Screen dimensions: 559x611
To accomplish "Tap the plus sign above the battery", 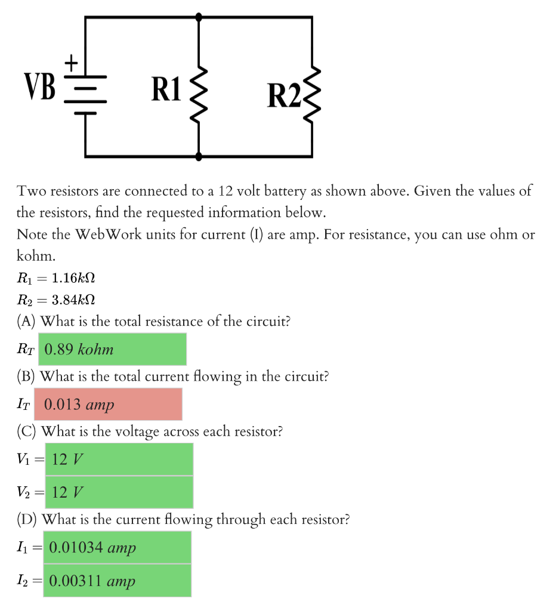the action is (x=72, y=61).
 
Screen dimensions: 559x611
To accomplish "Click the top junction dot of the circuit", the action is (x=199, y=17).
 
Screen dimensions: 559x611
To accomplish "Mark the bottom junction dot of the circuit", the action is (x=199, y=156).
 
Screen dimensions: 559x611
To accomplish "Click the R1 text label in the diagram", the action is (x=165, y=89).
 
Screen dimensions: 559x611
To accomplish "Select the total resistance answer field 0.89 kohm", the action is (x=112, y=349).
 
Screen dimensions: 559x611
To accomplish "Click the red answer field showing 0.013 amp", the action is (x=108, y=405).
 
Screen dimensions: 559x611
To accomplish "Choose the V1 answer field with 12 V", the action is (x=119, y=459).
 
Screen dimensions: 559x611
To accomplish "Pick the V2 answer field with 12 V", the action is (x=119, y=492).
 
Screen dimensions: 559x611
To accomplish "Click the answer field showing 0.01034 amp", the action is (x=118, y=547).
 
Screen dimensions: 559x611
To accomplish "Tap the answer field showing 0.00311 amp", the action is (x=118, y=581).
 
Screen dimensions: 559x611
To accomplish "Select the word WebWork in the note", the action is (x=107, y=234).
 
